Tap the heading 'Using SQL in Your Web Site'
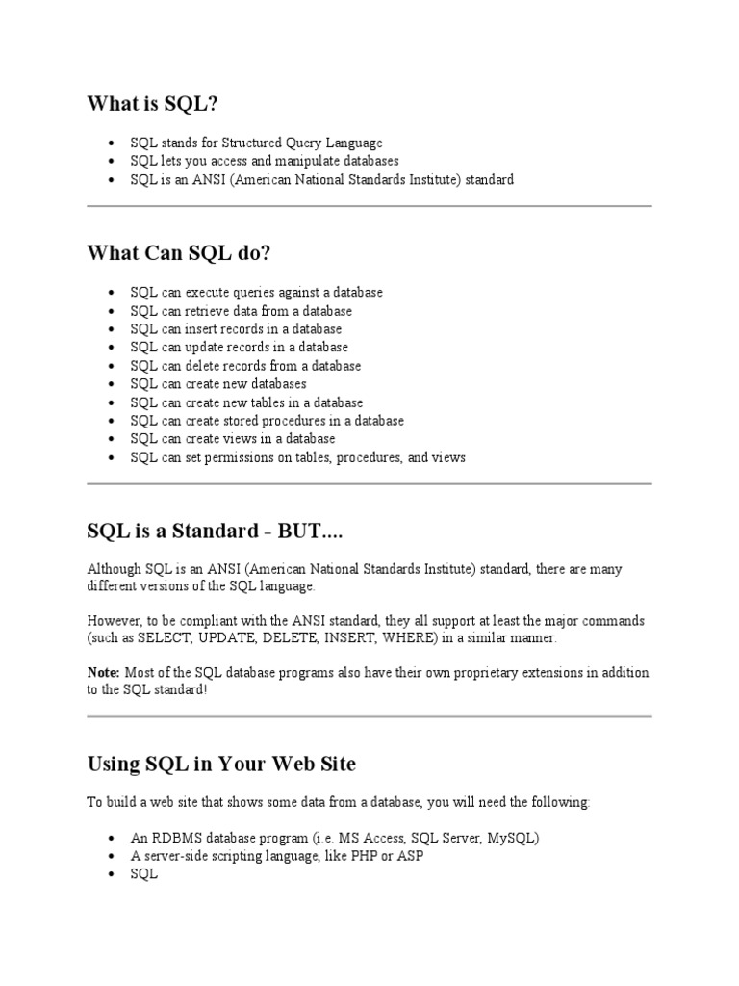(221, 764)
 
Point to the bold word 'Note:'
(103, 671)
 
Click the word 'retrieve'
(209, 311)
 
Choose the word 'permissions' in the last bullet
(247, 458)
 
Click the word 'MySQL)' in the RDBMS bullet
(514, 838)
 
